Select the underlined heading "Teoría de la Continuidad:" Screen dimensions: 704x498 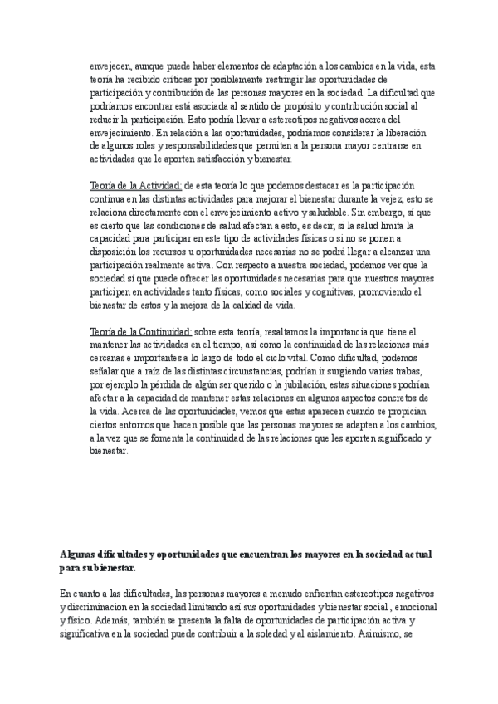coord(140,332)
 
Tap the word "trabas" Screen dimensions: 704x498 coord(405,371)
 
